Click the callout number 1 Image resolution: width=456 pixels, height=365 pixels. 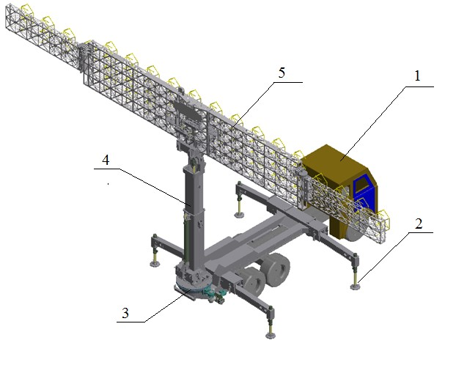click(x=417, y=76)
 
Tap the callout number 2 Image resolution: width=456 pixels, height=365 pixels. click(x=419, y=224)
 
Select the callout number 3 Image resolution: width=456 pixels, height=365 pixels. click(x=125, y=314)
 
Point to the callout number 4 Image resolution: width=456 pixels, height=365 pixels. click(x=106, y=160)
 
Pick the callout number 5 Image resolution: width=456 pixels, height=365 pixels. click(x=282, y=73)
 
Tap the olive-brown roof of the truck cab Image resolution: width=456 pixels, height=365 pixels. click(x=334, y=159)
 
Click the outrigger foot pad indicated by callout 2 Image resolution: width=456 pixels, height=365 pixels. click(x=355, y=287)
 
